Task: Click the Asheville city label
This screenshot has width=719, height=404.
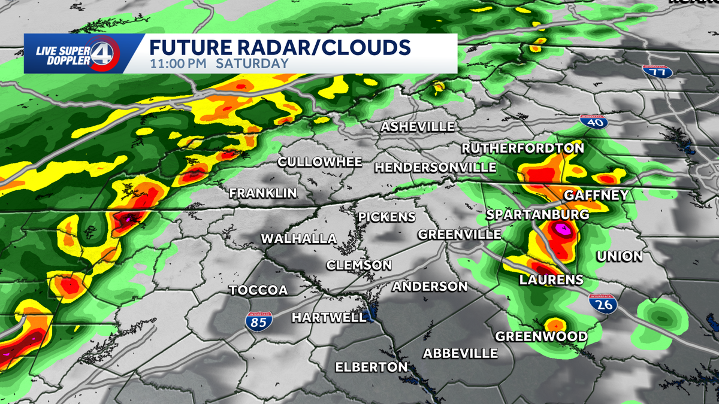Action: coord(418,127)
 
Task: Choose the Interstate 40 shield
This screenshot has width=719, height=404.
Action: coord(594,122)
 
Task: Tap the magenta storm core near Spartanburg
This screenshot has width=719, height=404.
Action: coord(562,229)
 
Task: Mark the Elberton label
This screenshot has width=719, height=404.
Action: coord(371,367)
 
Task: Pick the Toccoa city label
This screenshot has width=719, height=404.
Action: coord(259,290)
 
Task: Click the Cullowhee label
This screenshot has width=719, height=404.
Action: coord(320,162)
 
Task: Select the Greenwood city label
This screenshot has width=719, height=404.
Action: coord(541,336)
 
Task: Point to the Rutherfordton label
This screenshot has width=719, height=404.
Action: coord(522,148)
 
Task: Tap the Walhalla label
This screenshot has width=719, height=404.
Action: coord(298,239)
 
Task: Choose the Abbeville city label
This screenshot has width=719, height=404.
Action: coord(460,353)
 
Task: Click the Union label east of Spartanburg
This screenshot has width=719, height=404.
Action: coord(620,256)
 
